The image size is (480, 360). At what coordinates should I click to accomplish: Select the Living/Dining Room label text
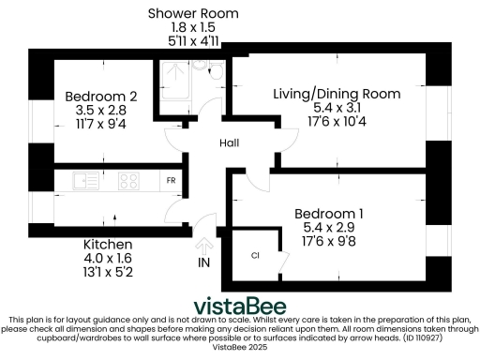coord(337,94)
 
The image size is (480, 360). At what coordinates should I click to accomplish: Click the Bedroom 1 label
coord(328,213)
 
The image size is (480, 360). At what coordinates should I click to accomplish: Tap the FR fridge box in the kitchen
coord(171,180)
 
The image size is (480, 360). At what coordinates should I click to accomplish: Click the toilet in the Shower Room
coord(214,70)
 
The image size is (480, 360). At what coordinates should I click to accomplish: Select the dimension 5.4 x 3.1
coord(337,108)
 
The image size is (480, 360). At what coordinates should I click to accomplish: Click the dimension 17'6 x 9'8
coord(328,242)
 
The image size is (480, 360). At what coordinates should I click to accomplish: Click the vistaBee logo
coord(240,307)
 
